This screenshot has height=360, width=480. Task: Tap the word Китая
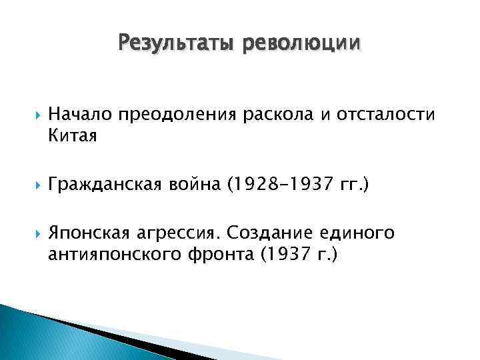point(73,137)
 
